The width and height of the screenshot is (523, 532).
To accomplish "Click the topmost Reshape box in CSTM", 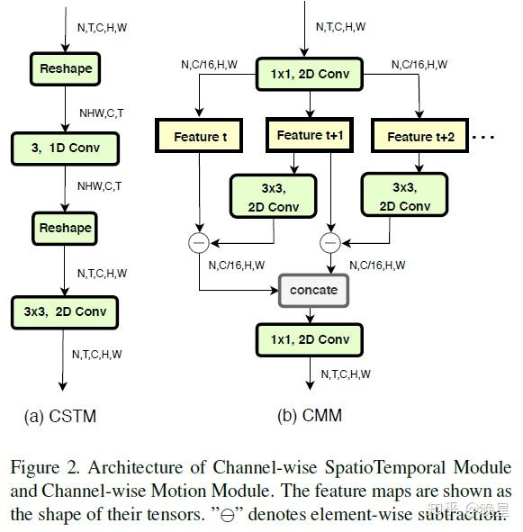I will [x=66, y=68].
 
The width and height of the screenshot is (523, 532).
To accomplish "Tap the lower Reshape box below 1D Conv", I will [x=66, y=228].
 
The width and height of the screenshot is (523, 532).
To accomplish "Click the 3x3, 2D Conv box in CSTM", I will [x=65, y=311].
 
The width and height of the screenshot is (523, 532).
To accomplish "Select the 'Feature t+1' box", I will [x=310, y=135].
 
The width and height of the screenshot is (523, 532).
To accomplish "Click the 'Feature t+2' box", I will [x=421, y=137].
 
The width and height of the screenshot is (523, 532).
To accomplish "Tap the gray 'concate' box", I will [x=313, y=290].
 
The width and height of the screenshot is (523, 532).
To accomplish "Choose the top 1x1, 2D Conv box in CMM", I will [x=309, y=73].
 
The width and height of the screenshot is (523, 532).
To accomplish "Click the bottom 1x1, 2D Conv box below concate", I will [x=309, y=339].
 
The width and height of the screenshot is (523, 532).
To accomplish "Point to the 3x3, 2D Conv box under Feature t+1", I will [x=274, y=197].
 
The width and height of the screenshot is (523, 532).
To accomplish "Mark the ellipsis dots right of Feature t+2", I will [x=484, y=138].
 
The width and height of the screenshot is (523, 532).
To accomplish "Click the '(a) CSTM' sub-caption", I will [x=60, y=416].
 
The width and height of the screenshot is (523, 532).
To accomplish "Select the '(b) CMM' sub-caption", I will [x=309, y=416].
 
